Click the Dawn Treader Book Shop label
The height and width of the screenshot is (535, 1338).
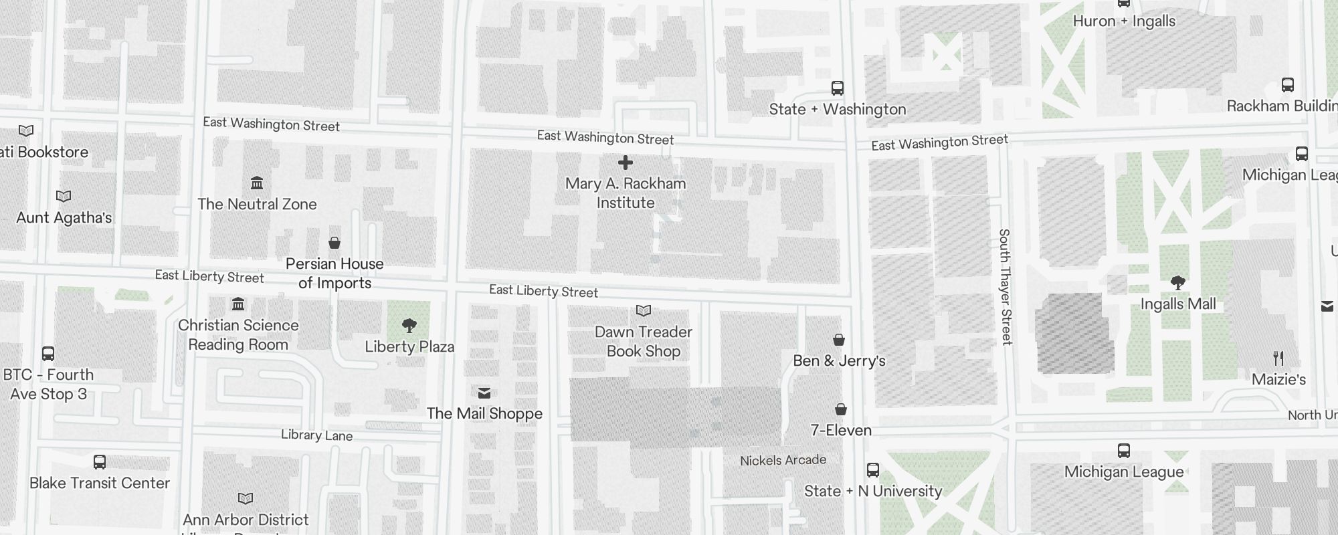[643, 342]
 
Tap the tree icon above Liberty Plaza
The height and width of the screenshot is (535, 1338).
[409, 326]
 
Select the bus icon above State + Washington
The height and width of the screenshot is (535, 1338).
[837, 88]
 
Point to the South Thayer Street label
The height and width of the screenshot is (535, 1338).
[1004, 287]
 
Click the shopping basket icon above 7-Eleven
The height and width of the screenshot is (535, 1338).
[841, 409]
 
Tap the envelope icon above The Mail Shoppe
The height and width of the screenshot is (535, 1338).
[484, 393]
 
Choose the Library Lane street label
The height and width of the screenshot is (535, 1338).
[316, 435]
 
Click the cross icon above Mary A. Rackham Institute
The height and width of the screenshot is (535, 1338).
[626, 163]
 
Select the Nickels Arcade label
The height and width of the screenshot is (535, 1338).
[783, 460]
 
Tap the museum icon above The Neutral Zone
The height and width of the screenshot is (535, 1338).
[257, 183]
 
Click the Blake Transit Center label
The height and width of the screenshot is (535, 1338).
[100, 483]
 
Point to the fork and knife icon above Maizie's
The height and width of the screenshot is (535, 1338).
[1278, 358]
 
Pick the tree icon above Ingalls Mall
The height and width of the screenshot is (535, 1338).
[1178, 283]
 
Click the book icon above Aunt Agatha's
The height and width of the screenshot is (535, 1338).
[64, 197]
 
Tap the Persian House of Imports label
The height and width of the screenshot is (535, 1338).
[334, 274]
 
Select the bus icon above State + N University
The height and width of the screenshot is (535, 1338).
[873, 470]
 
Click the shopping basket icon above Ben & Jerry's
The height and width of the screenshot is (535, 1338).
[839, 340]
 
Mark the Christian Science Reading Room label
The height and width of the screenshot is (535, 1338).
[238, 335]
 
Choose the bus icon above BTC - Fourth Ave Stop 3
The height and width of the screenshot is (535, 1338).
[48, 354]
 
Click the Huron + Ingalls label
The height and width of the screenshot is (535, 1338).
[1124, 21]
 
